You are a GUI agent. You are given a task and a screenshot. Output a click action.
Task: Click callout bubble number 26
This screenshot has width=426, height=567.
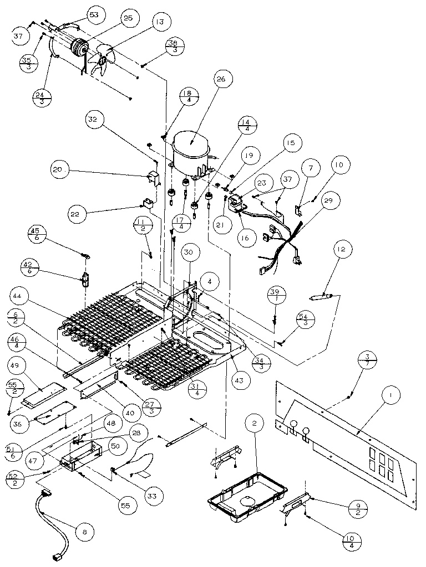(x=221, y=80)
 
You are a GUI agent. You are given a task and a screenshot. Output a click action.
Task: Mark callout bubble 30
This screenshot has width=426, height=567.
(x=189, y=251)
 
